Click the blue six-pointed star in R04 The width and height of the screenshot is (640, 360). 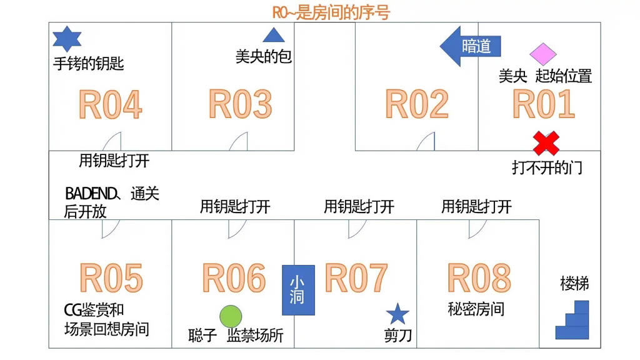coord(67,39)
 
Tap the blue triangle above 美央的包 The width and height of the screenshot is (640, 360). coord(273,36)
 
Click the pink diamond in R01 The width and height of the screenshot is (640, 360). coord(543,54)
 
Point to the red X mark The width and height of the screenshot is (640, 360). coord(546,143)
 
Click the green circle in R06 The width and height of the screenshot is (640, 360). coord(231,316)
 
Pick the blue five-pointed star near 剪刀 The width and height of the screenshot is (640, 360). coord(397,315)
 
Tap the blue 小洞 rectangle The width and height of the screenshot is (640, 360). coord(298,290)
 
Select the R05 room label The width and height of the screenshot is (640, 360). coord(111,278)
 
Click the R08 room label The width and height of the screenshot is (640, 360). coord(479,278)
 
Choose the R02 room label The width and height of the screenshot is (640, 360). coord(417,104)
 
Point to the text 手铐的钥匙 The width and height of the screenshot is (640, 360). coord(89,63)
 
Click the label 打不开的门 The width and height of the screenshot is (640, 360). coord(547,167)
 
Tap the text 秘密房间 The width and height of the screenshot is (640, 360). coord(476,309)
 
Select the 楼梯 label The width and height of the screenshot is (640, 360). coord(574,284)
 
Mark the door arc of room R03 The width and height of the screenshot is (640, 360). coord(238,142)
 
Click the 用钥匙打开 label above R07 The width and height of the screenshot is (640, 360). coord(359,206)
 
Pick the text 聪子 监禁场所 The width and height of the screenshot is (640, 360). coord(236,336)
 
